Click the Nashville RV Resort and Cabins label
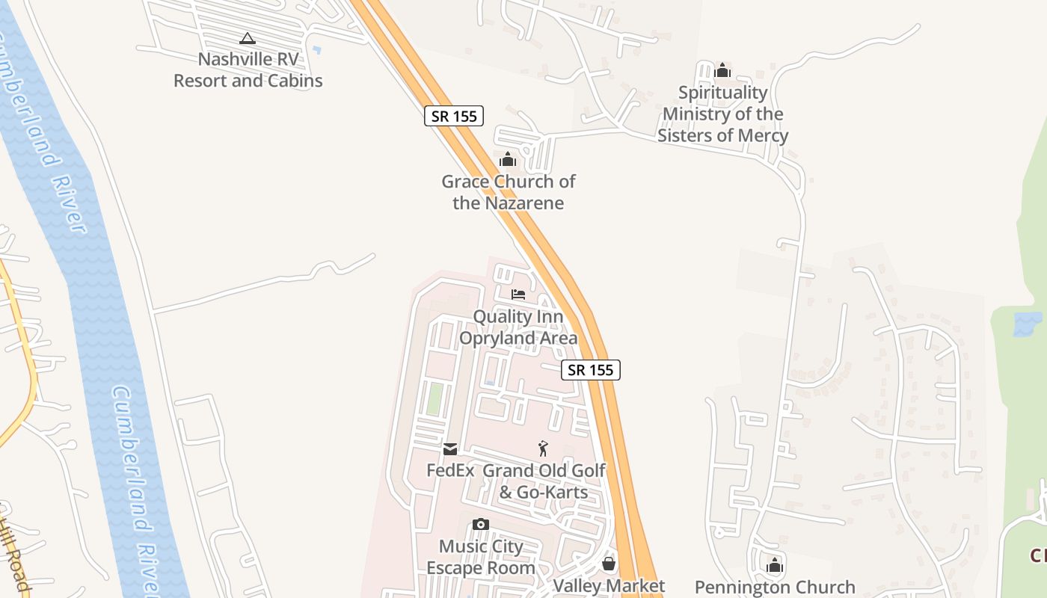tap(248, 70)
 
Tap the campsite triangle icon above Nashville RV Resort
tap(248, 38)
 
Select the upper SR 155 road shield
tap(454, 117)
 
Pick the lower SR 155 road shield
tap(591, 369)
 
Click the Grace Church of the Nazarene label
tap(509, 192)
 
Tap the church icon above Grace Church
tap(508, 159)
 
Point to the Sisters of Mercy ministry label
tap(722, 114)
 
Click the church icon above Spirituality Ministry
tap(722, 71)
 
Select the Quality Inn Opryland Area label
tap(518, 327)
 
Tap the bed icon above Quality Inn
tap(518, 295)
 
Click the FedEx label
tap(450, 471)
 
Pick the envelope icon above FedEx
tap(450, 449)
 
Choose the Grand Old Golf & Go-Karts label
tap(544, 481)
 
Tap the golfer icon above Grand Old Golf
tap(544, 449)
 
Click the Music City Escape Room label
tap(481, 557)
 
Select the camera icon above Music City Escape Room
tap(481, 525)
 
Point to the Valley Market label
tap(609, 586)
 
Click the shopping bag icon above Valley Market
tap(609, 564)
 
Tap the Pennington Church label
tap(775, 588)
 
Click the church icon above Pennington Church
tap(775, 565)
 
